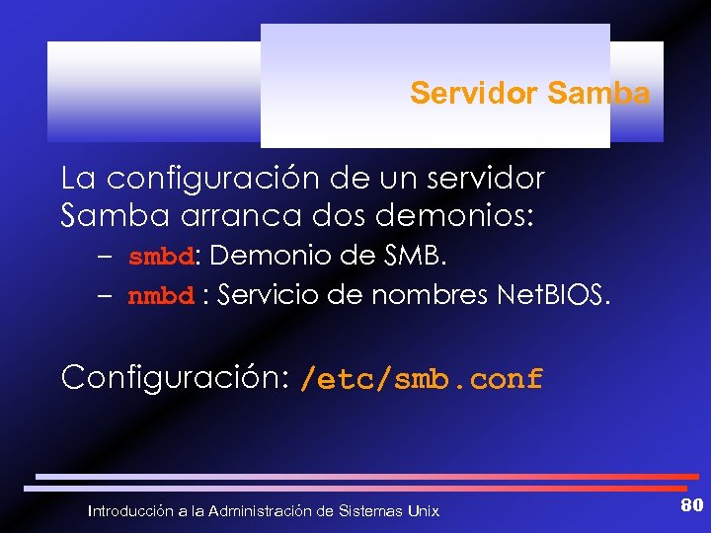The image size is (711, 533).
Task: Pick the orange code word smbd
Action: point(162,259)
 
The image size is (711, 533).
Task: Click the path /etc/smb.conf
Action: point(422,378)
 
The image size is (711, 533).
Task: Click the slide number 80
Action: point(691,506)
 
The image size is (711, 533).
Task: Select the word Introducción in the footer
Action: point(129,510)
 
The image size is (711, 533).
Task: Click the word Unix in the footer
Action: point(423,510)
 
